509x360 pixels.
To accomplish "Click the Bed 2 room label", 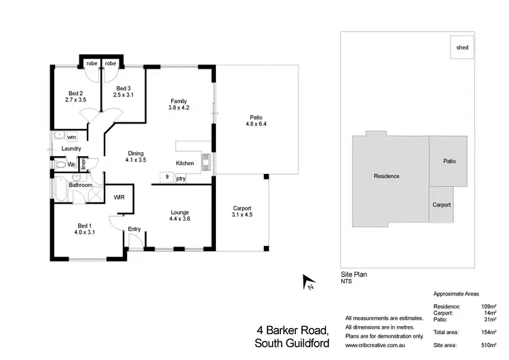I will (x=75, y=93).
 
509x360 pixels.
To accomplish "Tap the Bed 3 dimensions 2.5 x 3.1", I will (x=123, y=95).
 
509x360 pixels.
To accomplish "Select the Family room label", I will (x=178, y=101).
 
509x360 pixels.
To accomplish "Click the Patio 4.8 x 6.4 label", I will (x=257, y=124).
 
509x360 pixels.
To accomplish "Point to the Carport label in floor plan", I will (x=242, y=208).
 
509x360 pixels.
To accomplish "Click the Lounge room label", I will (x=180, y=212).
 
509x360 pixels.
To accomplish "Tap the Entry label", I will (x=134, y=229).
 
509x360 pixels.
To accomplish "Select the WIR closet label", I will (x=119, y=198).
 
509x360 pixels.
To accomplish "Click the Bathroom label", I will (x=80, y=185).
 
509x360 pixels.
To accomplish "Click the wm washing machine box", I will (x=71, y=138).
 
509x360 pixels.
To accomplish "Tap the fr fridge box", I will (x=166, y=178).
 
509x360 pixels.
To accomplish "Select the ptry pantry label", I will (x=181, y=179).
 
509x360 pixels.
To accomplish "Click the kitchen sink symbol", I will (x=206, y=162).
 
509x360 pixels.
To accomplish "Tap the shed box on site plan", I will (x=462, y=48).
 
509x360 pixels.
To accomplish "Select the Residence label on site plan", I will (x=386, y=176).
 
